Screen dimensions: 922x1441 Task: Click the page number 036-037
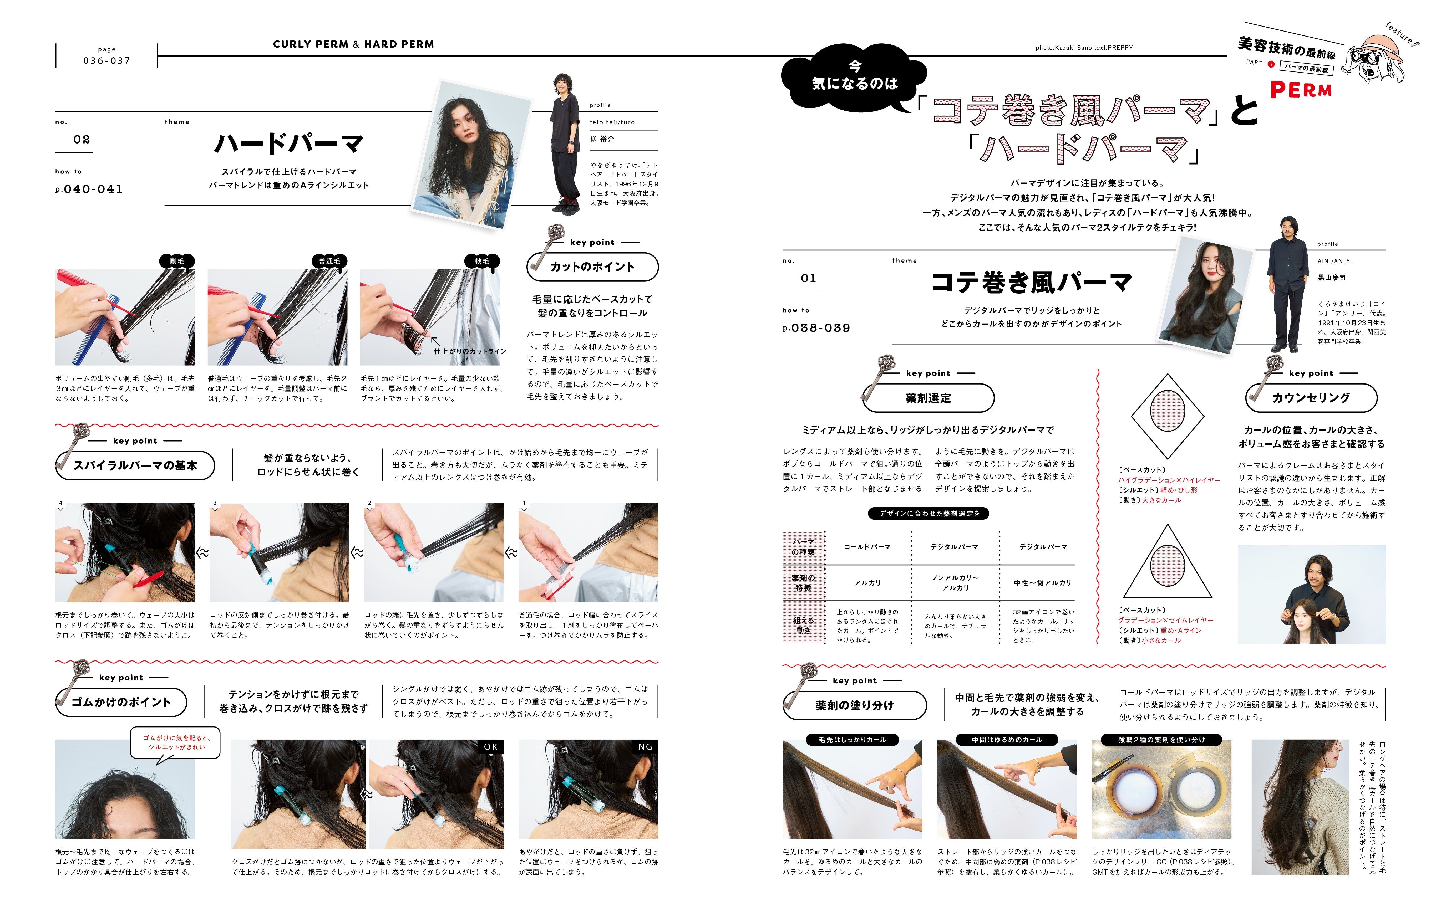pos(106,60)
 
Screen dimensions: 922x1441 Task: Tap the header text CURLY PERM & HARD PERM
pos(353,44)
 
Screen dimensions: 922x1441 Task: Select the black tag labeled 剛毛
pos(177,261)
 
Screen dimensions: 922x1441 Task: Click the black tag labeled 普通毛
pos(329,261)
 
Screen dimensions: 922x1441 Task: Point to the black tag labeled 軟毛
pos(482,261)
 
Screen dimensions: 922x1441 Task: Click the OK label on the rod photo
pos(490,747)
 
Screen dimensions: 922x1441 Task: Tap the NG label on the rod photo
pos(645,747)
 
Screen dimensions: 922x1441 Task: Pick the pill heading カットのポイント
pos(592,267)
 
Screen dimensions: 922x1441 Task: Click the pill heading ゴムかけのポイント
pos(121,702)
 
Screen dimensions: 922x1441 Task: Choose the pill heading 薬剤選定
pos(928,398)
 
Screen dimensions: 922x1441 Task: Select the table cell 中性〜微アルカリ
pos(1043,582)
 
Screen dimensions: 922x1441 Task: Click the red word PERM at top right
pos(1301,90)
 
